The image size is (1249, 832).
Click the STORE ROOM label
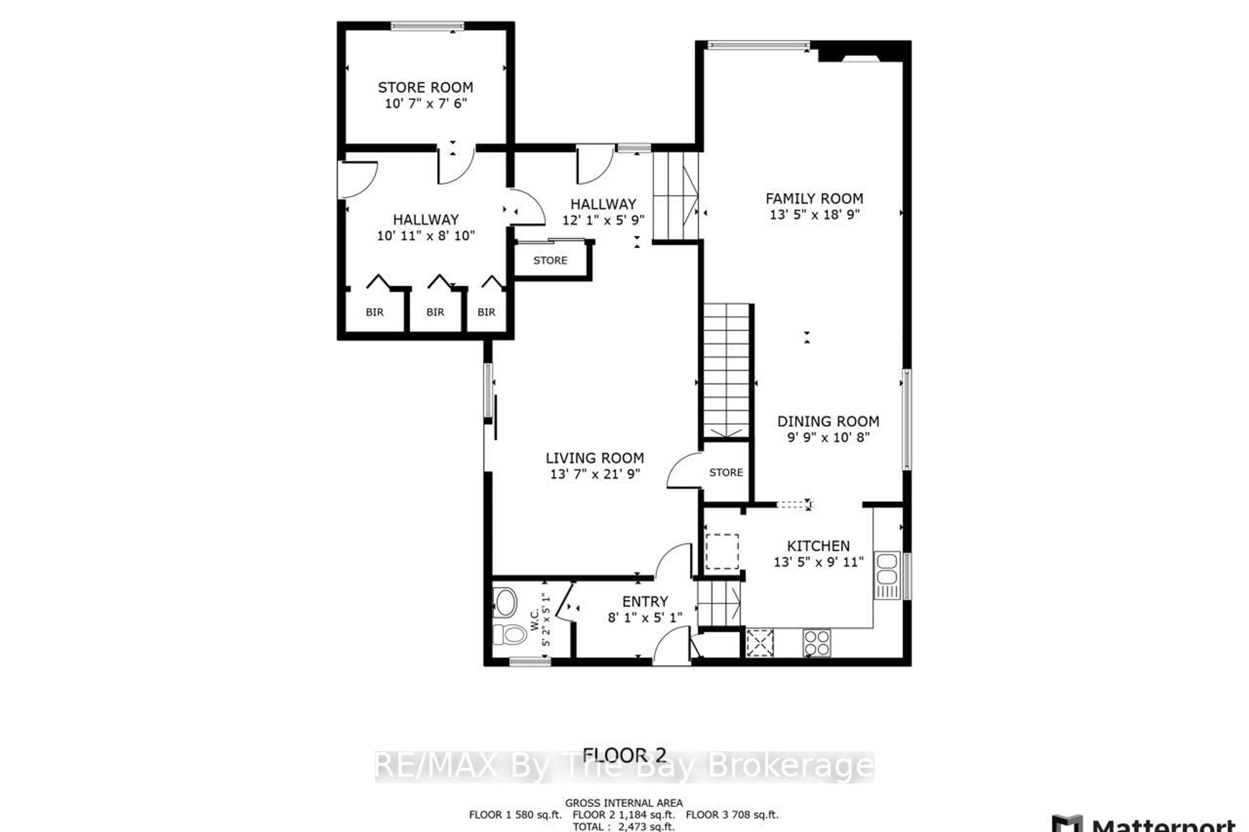click(425, 87)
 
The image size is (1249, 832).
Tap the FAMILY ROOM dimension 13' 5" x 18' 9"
click(814, 214)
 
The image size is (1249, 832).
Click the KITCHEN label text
click(818, 546)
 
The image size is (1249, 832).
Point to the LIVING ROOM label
click(595, 458)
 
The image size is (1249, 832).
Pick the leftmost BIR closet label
click(374, 312)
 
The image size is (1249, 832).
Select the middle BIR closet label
click(435, 312)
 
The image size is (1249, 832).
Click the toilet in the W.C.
click(508, 634)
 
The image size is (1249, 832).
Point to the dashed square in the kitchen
click(722, 552)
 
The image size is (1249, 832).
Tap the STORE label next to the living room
click(726, 472)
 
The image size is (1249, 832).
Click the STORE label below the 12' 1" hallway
click(550, 260)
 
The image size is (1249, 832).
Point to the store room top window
click(427, 26)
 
